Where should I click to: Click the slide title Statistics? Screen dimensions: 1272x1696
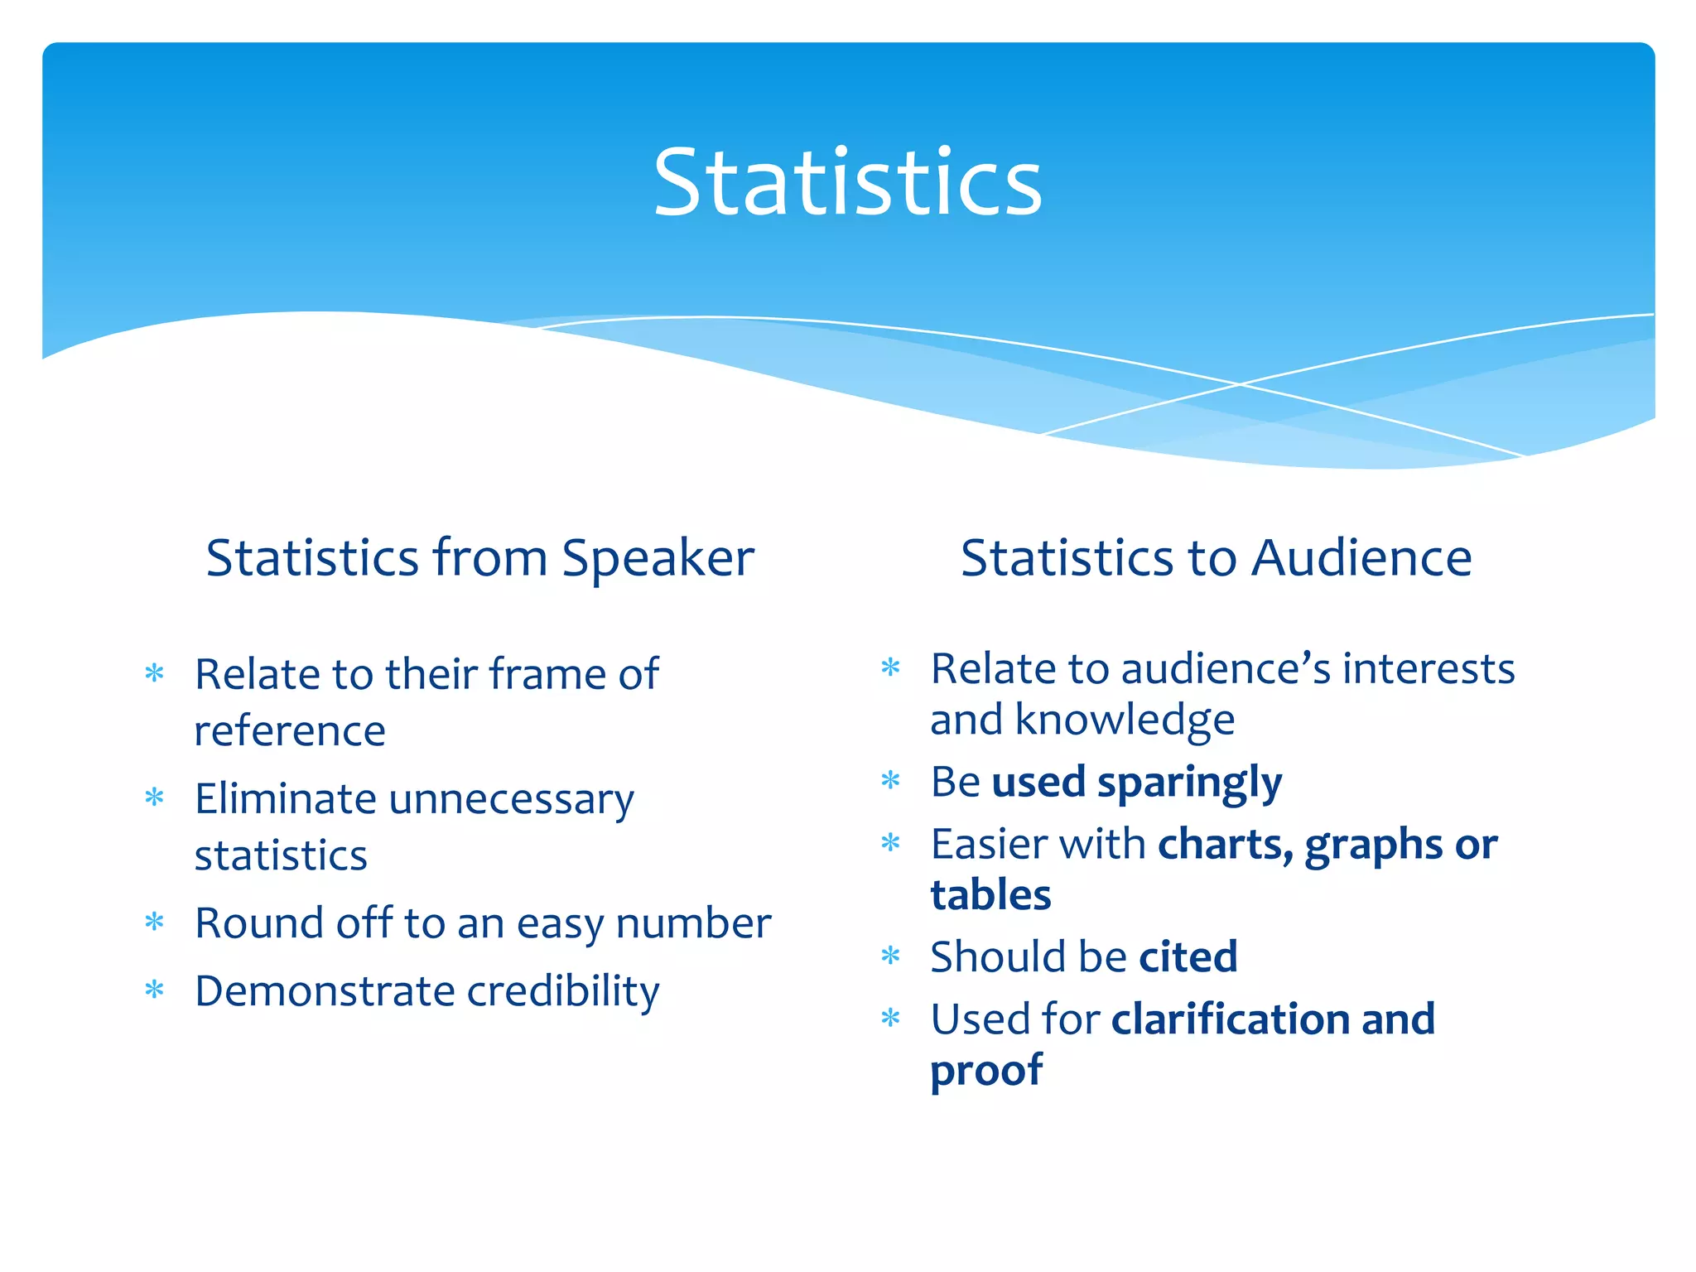847,181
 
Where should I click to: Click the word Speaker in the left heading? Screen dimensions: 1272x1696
658,559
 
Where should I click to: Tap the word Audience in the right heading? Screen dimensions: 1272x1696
1361,557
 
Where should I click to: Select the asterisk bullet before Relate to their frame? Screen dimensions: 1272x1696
155,672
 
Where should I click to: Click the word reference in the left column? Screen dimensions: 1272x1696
290,730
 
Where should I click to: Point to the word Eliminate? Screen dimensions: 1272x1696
286,799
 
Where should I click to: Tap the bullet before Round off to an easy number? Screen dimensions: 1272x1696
155,922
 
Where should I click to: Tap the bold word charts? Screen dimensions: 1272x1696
1225,845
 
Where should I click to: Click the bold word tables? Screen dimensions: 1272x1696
990,895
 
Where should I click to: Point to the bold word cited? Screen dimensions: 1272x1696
1188,956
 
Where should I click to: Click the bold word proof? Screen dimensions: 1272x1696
985,1071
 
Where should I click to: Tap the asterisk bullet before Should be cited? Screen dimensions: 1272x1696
890,956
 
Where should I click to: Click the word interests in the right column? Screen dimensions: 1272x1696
1428,668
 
